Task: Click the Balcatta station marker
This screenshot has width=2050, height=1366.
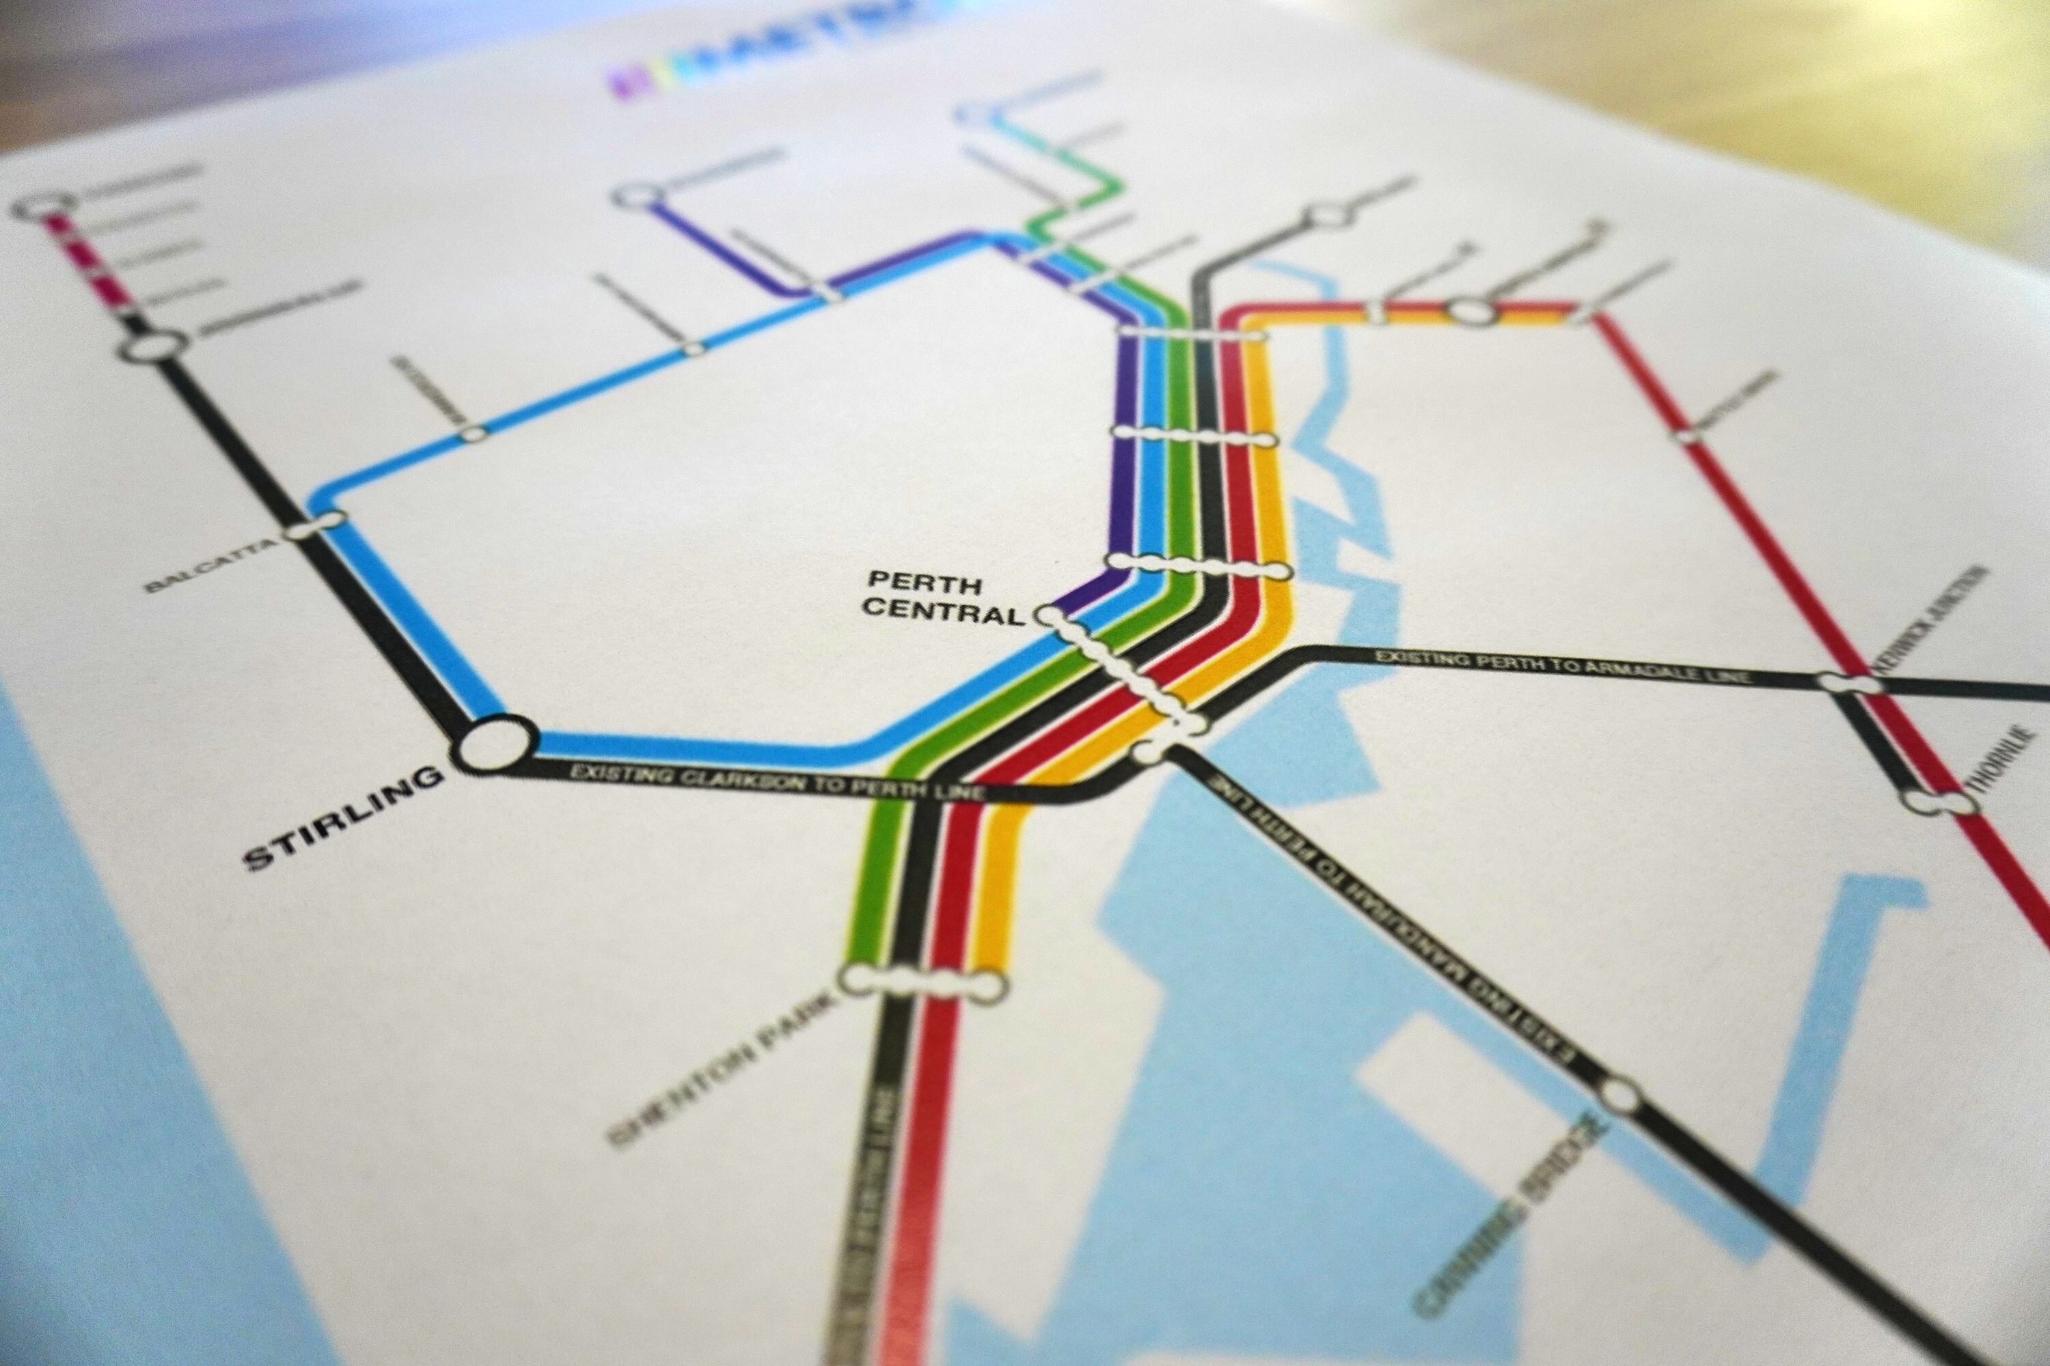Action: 318,525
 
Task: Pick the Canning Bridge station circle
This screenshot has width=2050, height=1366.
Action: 1619,1096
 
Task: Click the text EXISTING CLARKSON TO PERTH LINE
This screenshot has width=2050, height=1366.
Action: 776,782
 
